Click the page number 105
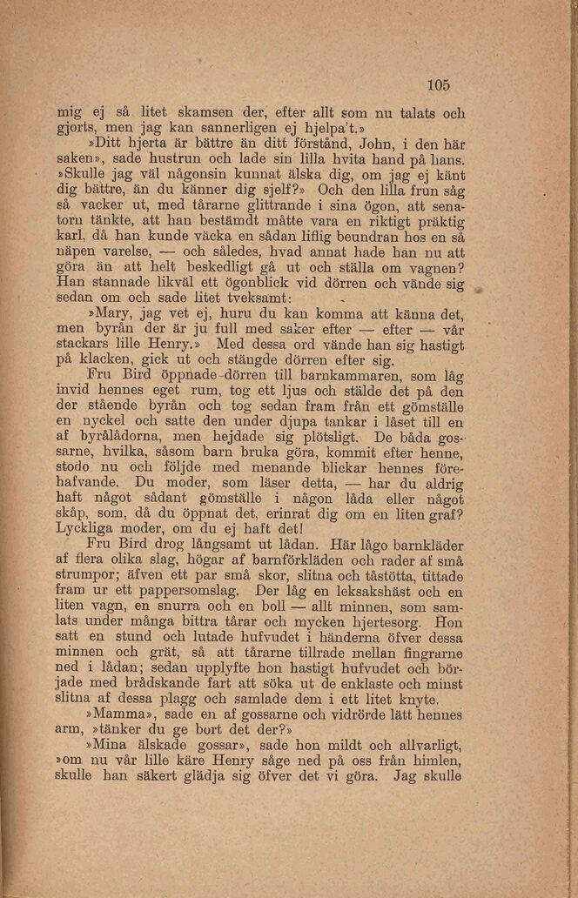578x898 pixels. click(438, 84)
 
